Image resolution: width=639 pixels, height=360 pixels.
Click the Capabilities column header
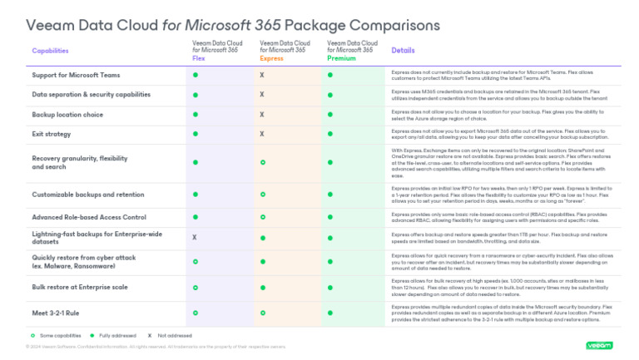50,51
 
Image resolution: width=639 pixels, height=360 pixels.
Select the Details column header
403,51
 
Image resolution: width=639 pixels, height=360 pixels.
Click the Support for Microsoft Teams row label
76,75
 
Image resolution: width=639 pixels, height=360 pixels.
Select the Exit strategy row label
52,133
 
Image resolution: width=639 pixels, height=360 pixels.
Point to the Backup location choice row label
67,114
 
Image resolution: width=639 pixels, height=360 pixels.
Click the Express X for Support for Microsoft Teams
262,75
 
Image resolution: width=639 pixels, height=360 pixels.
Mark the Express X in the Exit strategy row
262,133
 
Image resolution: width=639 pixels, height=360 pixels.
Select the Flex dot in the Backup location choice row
196,114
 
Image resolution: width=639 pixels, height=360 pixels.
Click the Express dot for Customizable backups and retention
262,194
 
